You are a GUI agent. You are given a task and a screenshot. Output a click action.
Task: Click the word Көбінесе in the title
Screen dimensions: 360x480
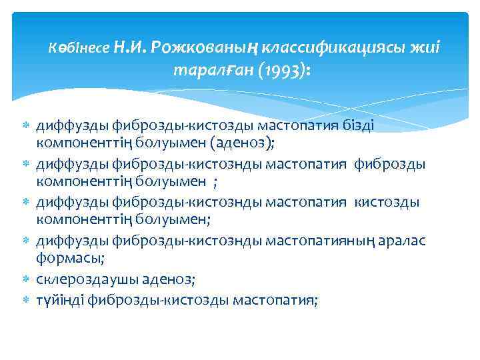pyautogui.click(x=79, y=49)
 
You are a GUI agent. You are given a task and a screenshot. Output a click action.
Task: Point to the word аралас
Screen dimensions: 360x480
pyautogui.click(x=409, y=240)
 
